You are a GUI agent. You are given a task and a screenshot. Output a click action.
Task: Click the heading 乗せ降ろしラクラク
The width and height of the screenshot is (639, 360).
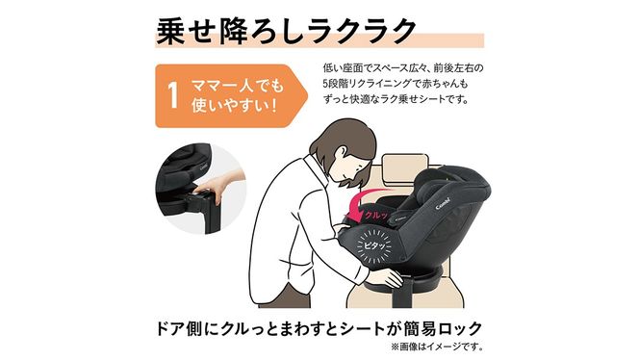(x=288, y=28)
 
